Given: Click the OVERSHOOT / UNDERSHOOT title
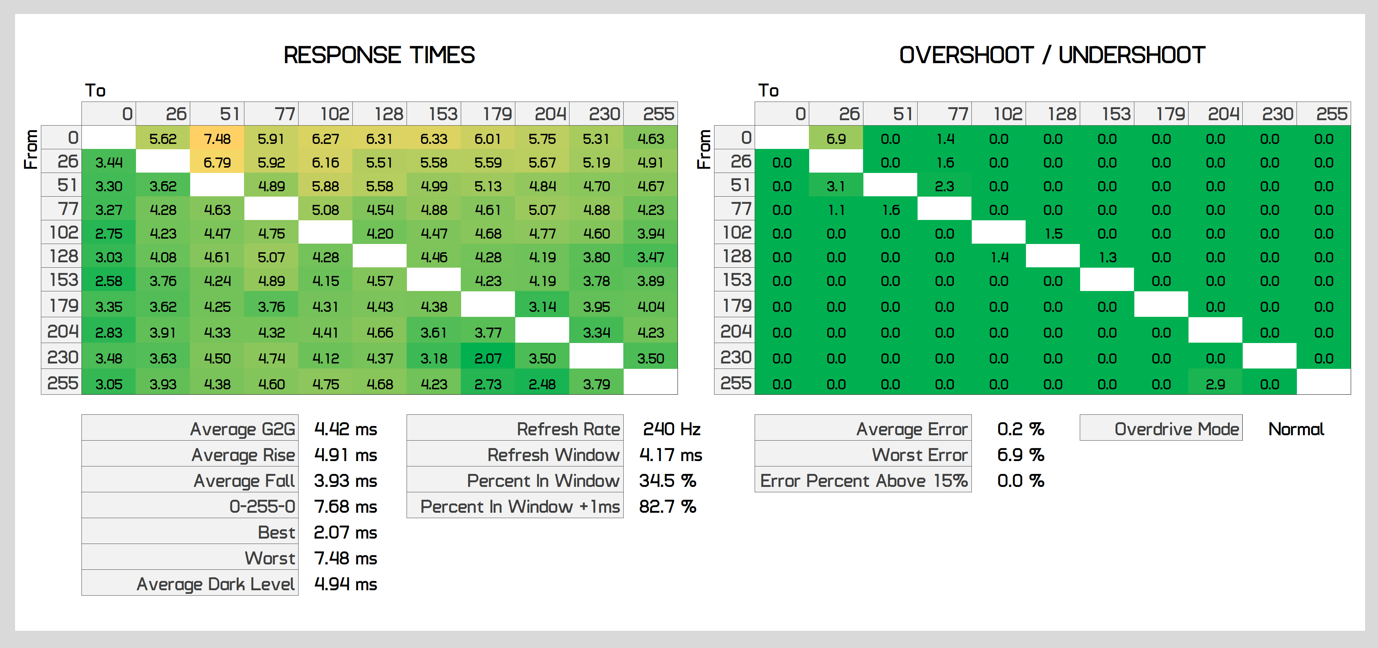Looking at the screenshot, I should (1052, 55).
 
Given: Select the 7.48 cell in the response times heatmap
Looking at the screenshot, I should (217, 139).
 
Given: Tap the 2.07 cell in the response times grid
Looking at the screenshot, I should (488, 358).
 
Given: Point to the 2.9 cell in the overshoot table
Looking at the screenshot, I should (1215, 384).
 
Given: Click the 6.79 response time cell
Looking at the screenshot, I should (217, 163).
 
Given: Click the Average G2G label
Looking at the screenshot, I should (242, 429).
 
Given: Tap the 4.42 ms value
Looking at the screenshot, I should (345, 429).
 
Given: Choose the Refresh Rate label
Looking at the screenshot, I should (568, 429).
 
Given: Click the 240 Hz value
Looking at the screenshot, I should (671, 429).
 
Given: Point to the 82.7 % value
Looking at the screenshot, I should (667, 506).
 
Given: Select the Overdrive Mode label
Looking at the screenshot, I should (1176, 429).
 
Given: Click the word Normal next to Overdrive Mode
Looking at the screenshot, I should (1295, 429).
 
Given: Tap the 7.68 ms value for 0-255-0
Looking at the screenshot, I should (345, 506).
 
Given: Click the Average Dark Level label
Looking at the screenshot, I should (216, 584).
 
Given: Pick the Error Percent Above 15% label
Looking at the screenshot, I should (863, 481).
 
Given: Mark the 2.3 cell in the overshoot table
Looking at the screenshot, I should (944, 186).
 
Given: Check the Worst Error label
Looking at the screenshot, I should (919, 455).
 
